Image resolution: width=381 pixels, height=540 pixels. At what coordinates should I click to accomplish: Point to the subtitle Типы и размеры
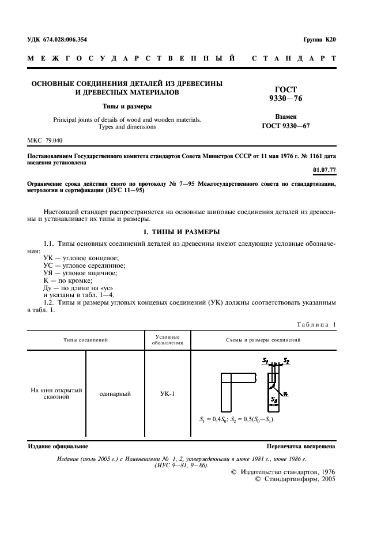pyautogui.click(x=127, y=107)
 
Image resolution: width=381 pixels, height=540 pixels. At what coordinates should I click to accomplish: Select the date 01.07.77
pyautogui.click(x=323, y=171)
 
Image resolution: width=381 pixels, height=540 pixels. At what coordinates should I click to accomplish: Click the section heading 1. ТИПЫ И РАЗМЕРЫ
pyautogui.click(x=182, y=231)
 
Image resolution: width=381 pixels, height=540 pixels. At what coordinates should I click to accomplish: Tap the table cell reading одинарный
pyautogui.click(x=115, y=393)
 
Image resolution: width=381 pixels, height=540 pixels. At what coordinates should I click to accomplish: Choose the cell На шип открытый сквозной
pyautogui.click(x=56, y=393)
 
